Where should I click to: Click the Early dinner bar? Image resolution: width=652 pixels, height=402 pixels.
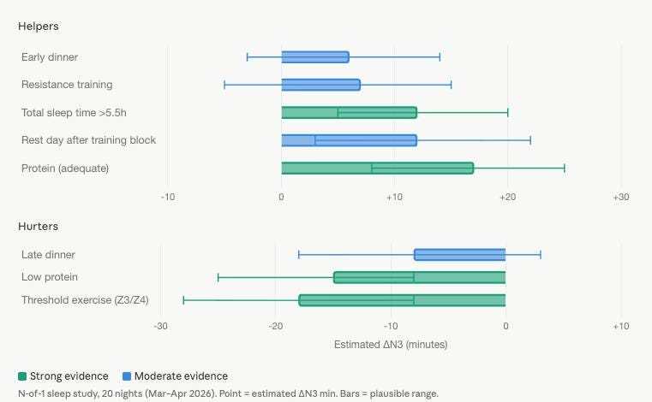315,57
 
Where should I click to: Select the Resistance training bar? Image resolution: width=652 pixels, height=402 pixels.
320,85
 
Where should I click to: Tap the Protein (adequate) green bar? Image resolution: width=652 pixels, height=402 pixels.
377,168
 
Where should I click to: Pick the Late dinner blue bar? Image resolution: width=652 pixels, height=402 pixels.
459,255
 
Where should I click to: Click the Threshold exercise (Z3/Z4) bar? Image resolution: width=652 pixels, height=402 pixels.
402,300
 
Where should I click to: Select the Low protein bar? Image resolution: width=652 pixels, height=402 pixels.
419,277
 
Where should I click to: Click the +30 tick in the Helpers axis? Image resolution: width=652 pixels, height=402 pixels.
620,197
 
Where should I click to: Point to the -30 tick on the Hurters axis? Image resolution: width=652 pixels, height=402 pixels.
160,326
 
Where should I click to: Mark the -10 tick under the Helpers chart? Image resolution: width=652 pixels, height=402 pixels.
168,197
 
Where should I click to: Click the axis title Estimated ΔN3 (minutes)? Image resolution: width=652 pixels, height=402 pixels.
390,345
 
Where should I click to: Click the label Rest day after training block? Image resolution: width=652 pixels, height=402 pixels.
88,140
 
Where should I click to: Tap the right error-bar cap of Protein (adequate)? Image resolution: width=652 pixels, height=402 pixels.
564,168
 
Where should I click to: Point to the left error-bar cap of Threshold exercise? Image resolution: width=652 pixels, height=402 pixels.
183,300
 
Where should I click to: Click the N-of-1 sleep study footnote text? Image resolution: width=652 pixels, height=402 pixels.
228,393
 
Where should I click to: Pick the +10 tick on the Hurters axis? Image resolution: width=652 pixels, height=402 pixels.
620,326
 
